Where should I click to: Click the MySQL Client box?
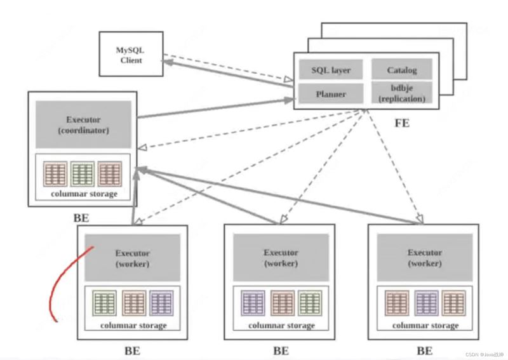pyautogui.click(x=131, y=54)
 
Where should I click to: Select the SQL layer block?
pyautogui.click(x=330, y=70)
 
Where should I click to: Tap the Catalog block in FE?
pyautogui.click(x=402, y=69)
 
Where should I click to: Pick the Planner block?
pyautogui.click(x=331, y=93)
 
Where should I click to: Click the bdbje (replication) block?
pyautogui.click(x=402, y=93)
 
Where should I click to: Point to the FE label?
pyautogui.click(x=402, y=123)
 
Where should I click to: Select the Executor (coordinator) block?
pyautogui.click(x=83, y=124)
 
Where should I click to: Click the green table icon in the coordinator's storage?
pyautogui.click(x=83, y=174)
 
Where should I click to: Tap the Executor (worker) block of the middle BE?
pyautogui.click(x=281, y=258)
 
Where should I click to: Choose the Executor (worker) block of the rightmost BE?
pyautogui.click(x=425, y=258)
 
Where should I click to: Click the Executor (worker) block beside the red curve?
pyautogui.click(x=133, y=258)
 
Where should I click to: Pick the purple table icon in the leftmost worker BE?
pyautogui.click(x=161, y=303)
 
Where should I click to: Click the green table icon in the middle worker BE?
pyautogui.click(x=310, y=303)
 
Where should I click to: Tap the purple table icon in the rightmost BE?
pyautogui.click(x=426, y=303)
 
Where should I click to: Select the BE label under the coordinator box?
pyautogui.click(x=81, y=218)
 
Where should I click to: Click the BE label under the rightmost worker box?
pyautogui.click(x=425, y=351)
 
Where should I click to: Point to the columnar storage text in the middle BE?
pyautogui.click(x=281, y=325)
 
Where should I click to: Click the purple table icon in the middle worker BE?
pyautogui.click(x=253, y=303)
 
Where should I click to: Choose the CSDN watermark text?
pyautogui.click(x=485, y=355)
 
